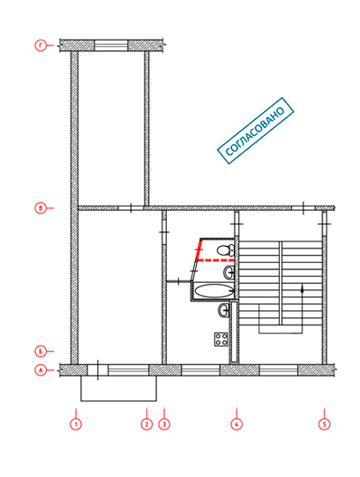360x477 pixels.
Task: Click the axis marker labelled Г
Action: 41,46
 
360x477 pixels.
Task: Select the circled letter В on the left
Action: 41,208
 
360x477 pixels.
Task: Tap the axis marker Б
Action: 41,352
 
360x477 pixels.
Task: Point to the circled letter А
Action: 41,370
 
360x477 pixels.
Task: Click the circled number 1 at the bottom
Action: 76,424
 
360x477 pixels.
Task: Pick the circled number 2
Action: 146,424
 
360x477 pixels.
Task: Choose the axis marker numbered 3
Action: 164,424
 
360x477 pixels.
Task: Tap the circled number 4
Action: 236,424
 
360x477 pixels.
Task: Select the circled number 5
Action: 325,424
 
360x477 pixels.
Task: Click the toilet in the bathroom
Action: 226,250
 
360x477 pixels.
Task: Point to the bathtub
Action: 214,291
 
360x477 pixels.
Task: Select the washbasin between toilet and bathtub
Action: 229,272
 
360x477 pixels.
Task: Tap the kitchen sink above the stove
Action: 223,310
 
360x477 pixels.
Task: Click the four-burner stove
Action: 221,339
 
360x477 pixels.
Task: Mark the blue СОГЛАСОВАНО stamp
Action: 255,130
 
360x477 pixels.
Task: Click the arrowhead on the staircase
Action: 302,289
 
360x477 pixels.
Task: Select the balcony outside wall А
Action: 119,389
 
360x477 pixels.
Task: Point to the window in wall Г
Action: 111,46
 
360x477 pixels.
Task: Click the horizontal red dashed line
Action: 214,260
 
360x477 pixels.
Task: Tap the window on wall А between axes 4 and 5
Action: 279,370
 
